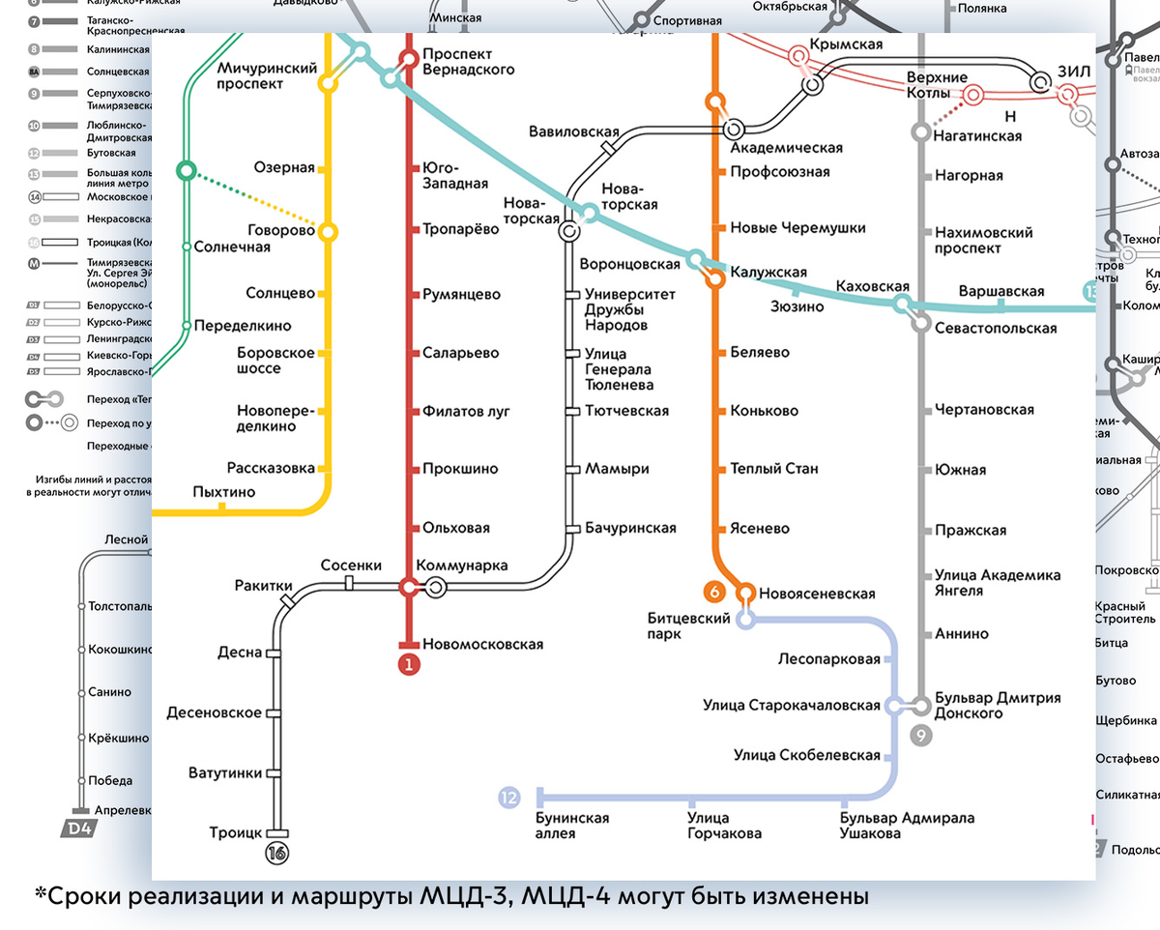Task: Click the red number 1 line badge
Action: click(x=409, y=664)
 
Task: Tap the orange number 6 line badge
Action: click(x=715, y=592)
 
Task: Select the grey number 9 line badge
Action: click(x=921, y=736)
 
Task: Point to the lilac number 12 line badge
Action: click(x=509, y=798)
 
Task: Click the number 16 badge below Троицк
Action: click(x=278, y=853)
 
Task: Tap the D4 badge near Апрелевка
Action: click(x=78, y=828)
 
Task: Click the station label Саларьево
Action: click(x=460, y=353)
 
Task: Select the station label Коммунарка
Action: click(x=461, y=566)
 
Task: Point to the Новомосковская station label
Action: click(x=482, y=644)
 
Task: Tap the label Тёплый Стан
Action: click(x=774, y=468)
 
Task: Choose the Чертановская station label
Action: click(x=984, y=410)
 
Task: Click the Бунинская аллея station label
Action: click(x=572, y=826)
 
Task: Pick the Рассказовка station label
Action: click(x=271, y=468)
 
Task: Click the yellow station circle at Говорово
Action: click(x=328, y=232)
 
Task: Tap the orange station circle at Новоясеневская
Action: click(x=746, y=593)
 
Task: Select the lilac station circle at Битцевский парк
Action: click(x=745, y=620)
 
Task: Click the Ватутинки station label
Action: click(x=225, y=772)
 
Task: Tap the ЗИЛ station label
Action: click(x=1073, y=71)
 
